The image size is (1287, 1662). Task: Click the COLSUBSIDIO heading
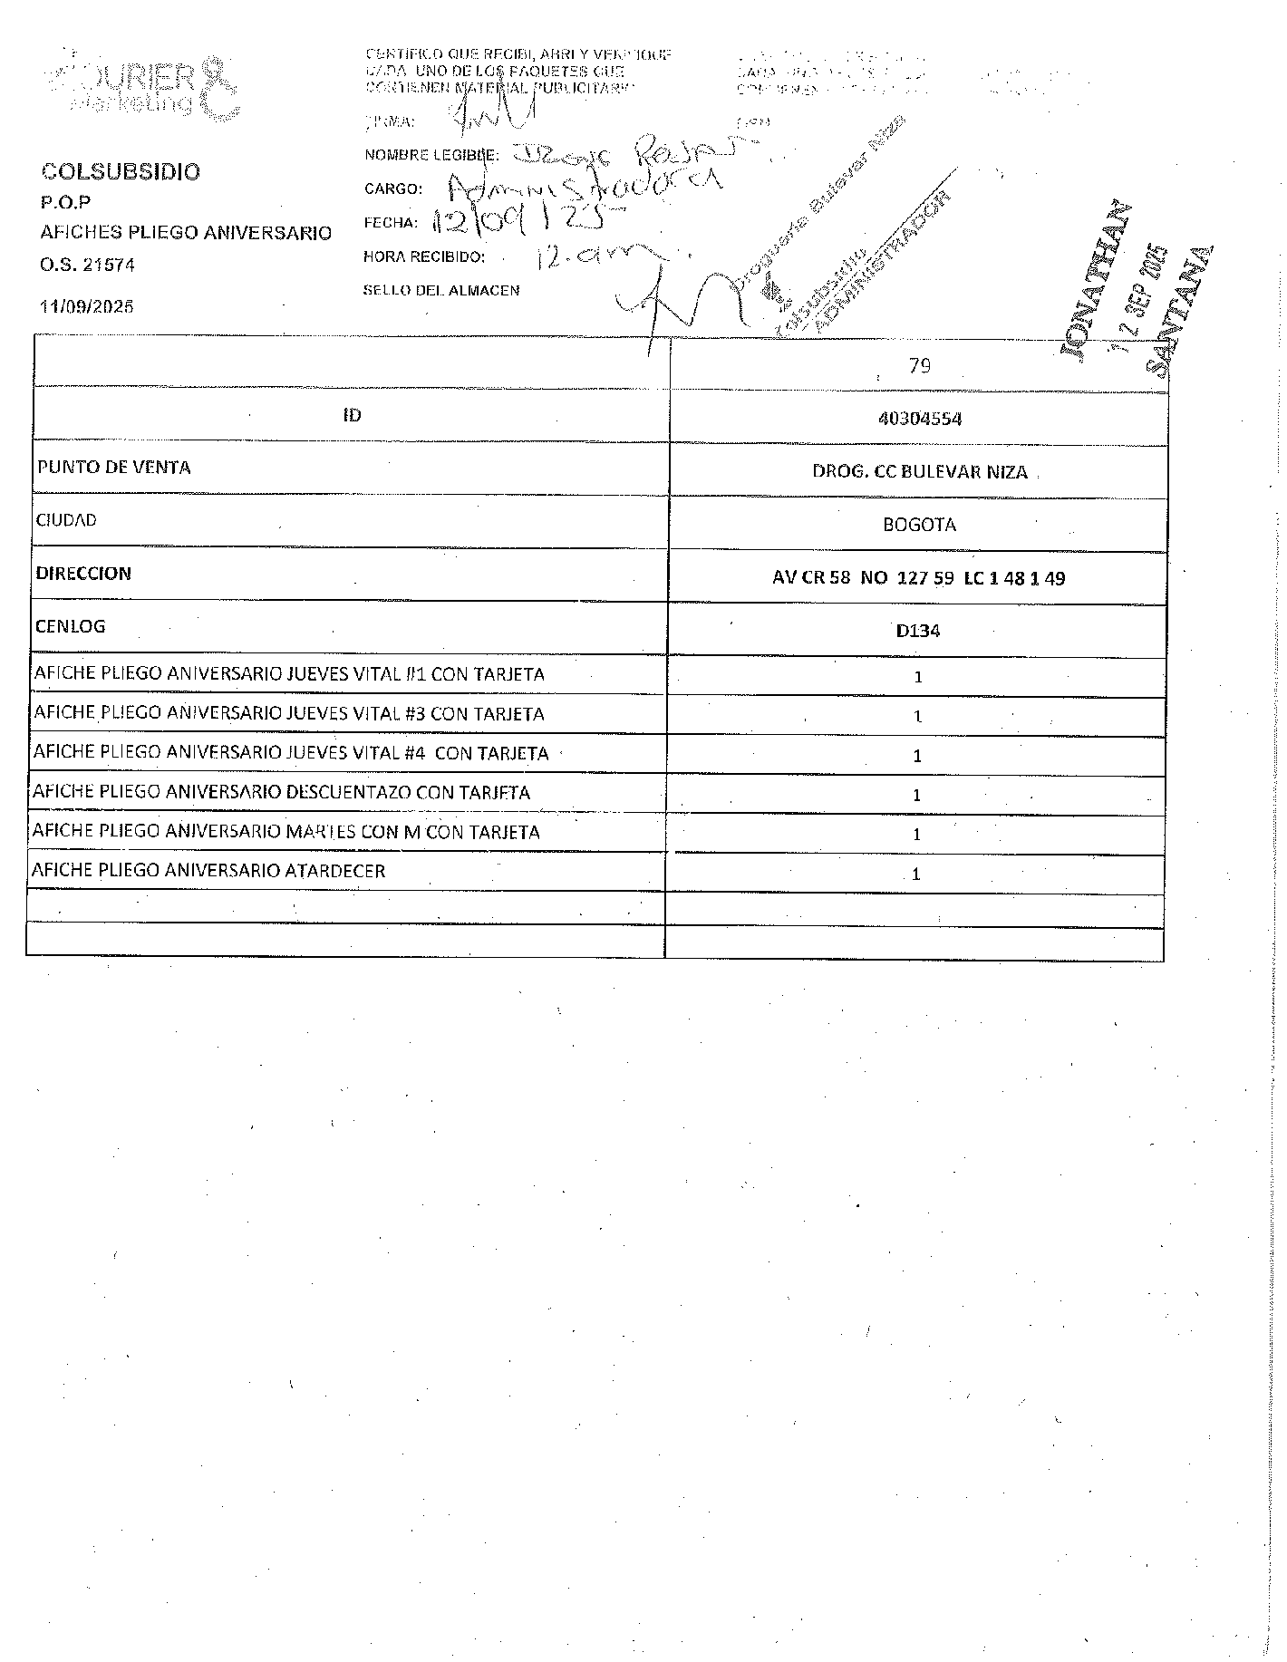click(x=121, y=172)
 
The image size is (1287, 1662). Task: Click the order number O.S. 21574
click(x=88, y=266)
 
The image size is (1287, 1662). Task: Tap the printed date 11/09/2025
click(x=87, y=306)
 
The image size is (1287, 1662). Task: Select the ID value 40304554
click(x=919, y=419)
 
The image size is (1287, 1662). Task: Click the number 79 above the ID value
click(x=919, y=366)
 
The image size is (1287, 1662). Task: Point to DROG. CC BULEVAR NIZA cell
click(x=919, y=472)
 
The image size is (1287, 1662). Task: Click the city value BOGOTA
click(x=919, y=525)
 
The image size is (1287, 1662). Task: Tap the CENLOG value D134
click(x=918, y=631)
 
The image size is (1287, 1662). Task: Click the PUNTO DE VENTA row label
click(x=114, y=468)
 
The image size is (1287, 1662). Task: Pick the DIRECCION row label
click(x=83, y=574)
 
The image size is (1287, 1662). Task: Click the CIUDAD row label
click(x=66, y=520)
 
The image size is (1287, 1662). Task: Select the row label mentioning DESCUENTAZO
click(x=281, y=792)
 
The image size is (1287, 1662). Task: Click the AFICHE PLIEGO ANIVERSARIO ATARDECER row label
click(x=208, y=871)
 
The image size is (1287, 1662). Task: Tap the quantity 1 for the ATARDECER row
click(x=916, y=874)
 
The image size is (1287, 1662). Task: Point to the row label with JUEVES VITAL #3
click(x=289, y=714)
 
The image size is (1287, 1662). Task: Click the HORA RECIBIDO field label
click(x=424, y=257)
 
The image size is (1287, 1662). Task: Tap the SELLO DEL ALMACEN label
click(x=441, y=291)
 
